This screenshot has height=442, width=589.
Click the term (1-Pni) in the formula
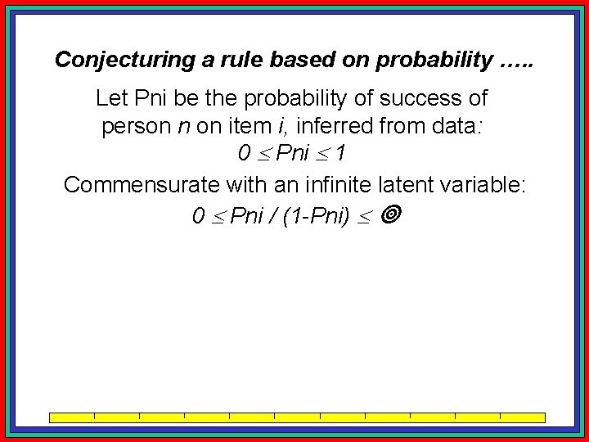coord(316,215)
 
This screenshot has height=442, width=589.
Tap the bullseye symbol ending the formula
coord(390,215)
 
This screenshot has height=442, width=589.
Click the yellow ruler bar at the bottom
coord(297,417)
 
